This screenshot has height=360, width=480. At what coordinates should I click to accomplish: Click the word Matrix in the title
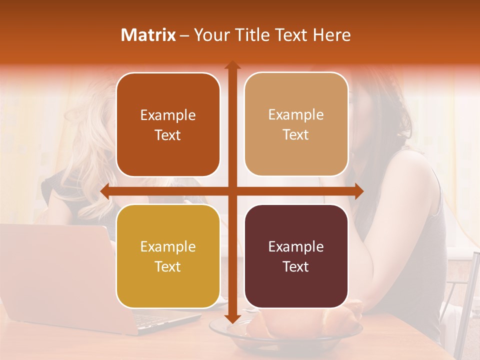point(148,35)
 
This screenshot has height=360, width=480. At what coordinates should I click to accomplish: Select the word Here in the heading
point(331,35)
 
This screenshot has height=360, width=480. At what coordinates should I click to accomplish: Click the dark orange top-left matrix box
point(168,125)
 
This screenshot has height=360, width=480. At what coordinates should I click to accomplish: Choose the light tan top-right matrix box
point(296,124)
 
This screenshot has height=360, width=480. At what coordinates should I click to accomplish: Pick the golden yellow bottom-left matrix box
point(168,256)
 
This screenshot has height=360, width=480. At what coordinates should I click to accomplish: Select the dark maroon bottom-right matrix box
point(296,256)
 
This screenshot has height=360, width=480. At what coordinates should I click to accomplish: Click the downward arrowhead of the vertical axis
point(232,318)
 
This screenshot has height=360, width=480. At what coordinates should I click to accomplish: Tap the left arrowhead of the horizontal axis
point(105,191)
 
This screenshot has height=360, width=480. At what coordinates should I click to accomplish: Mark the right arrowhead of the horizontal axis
point(358,191)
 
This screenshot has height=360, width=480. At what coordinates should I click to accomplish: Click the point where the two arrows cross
point(232,191)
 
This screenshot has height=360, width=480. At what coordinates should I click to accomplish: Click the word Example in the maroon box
point(296,246)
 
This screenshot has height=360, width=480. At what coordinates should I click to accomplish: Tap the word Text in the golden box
point(168,266)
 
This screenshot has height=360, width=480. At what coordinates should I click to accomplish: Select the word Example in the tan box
point(296,115)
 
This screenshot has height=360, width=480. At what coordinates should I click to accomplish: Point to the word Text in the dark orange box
point(168,135)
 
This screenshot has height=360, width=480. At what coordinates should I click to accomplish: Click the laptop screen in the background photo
point(55,270)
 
